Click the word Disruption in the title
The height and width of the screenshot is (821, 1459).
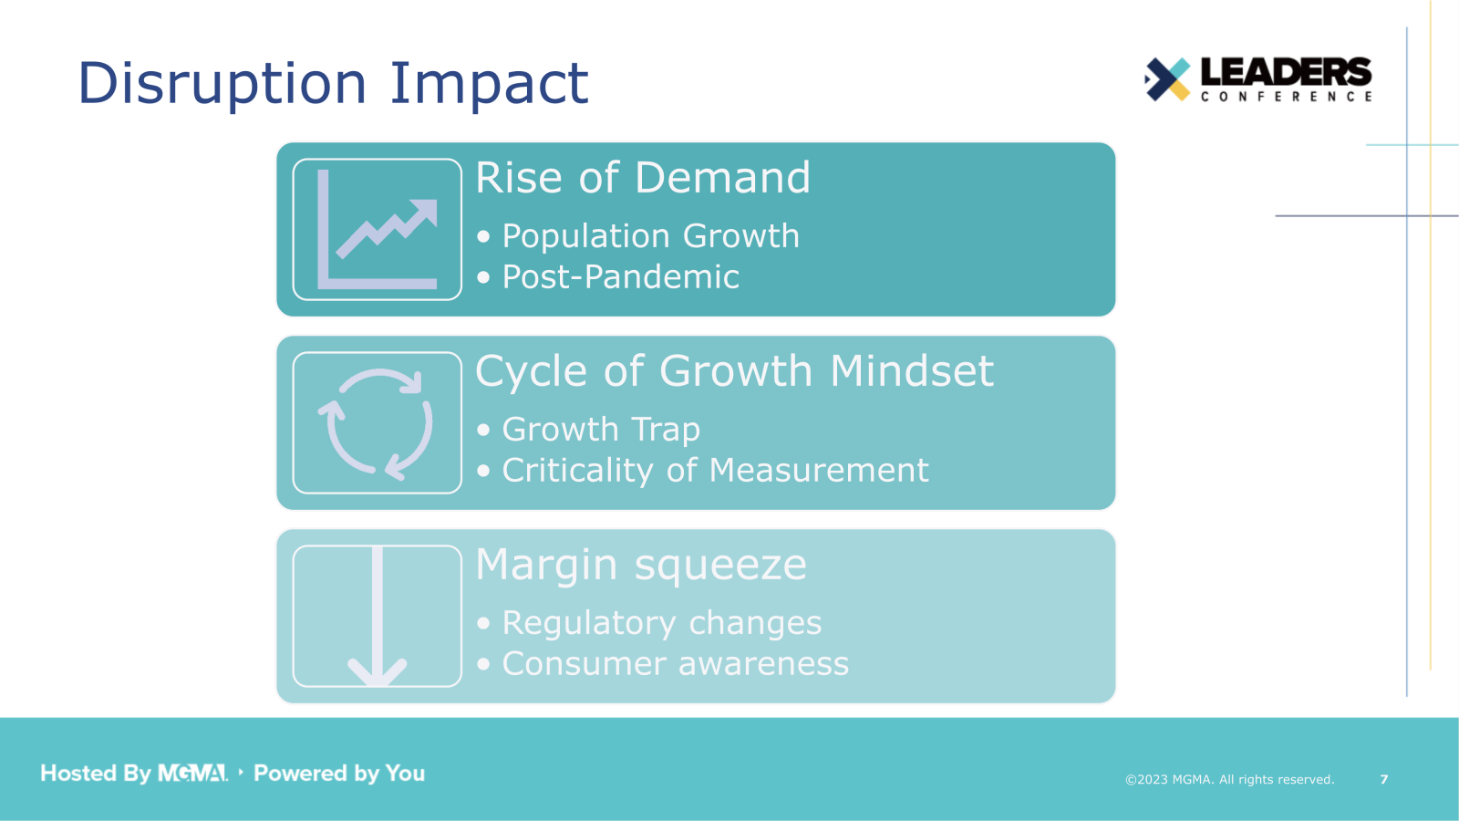click(x=222, y=84)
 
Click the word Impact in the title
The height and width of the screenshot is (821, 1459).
click(x=489, y=84)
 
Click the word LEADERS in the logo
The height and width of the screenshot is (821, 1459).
click(x=1286, y=72)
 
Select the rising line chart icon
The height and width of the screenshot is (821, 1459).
click(x=377, y=230)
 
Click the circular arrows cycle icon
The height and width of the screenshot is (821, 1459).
click(x=377, y=423)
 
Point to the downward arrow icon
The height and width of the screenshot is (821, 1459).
click(x=377, y=617)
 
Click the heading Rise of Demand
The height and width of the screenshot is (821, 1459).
click(x=643, y=178)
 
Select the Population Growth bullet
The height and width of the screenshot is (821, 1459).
click(x=650, y=236)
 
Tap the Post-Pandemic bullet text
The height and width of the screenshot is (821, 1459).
click(x=620, y=277)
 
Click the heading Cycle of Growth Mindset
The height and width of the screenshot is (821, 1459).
click(x=734, y=371)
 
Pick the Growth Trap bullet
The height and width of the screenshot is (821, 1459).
click(x=601, y=430)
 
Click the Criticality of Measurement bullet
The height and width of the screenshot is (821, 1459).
click(x=715, y=471)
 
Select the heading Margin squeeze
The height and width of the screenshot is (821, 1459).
click(x=641, y=565)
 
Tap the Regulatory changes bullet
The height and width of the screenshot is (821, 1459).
click(x=661, y=623)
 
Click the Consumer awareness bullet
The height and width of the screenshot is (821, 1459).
click(x=675, y=664)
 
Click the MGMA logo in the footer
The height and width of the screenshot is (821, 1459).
click(x=192, y=774)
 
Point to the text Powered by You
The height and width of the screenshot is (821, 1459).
click(x=339, y=774)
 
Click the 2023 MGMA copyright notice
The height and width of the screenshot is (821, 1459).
click(x=1229, y=780)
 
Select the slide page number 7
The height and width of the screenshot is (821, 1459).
click(x=1383, y=780)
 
